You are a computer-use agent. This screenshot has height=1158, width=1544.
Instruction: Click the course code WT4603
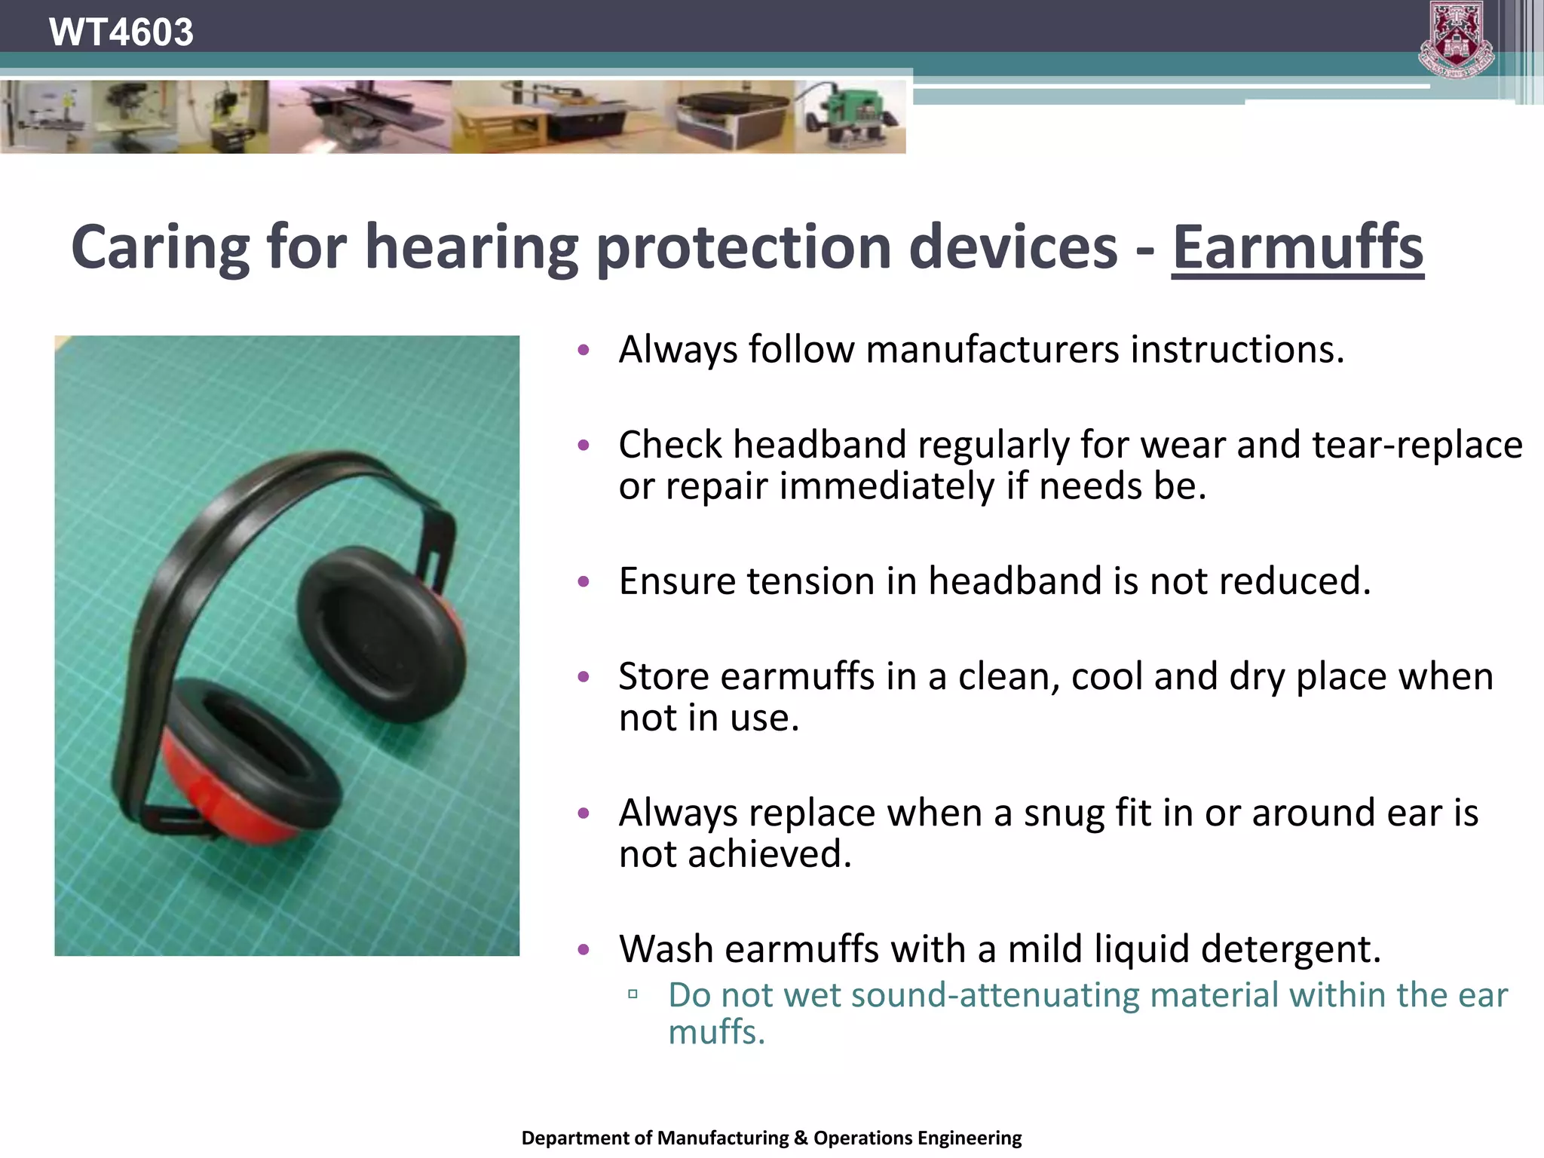[x=121, y=32]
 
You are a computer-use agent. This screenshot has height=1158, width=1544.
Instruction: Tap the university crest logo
[x=1456, y=39]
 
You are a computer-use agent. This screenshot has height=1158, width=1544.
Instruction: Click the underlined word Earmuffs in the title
[x=1297, y=247]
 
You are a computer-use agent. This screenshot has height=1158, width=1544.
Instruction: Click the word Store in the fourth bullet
[x=663, y=676]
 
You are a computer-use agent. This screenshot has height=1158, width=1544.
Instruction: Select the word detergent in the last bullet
[x=1289, y=949]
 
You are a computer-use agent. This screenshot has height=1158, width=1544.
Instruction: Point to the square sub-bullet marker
[x=633, y=994]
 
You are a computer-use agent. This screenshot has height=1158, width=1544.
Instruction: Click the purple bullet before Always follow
[x=583, y=350]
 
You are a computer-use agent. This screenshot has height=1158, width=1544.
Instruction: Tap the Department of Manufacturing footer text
[x=771, y=1138]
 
